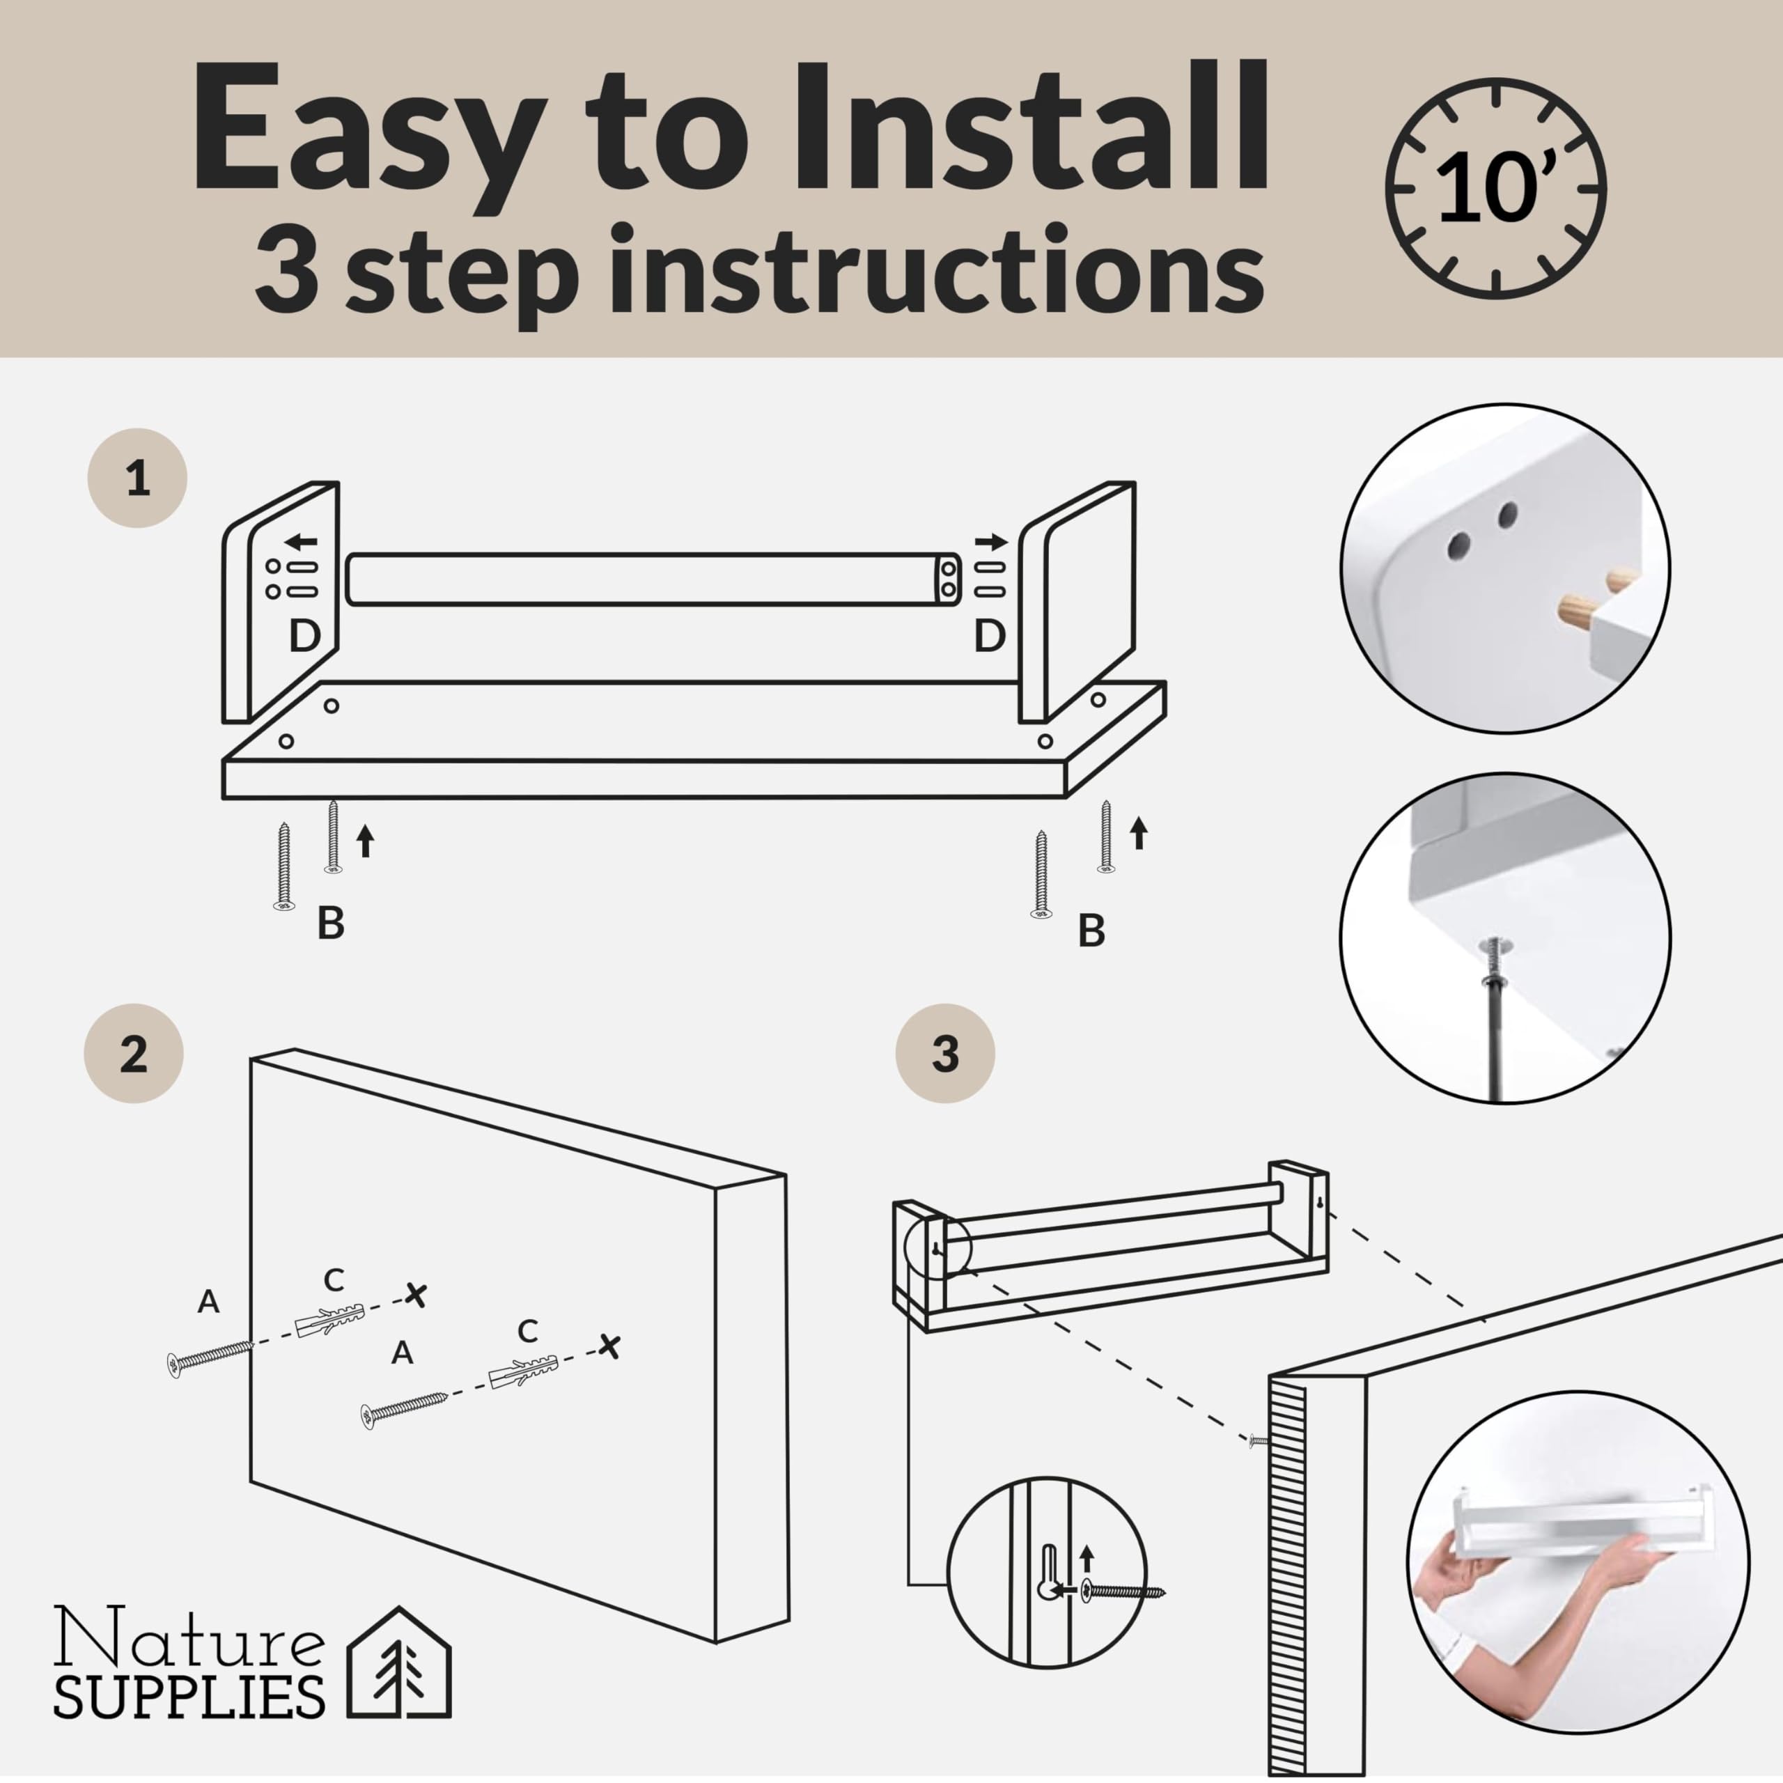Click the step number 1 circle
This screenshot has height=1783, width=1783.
137,478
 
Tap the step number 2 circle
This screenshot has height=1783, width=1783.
134,1053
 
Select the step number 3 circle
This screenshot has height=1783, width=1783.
945,1053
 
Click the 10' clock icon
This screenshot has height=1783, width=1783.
1496,190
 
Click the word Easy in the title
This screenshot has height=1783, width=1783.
366,130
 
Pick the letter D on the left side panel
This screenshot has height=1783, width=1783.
304,636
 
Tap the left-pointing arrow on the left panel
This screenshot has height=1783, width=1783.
301,540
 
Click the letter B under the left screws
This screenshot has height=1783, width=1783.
330,923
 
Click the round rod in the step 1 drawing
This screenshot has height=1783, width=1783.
654,579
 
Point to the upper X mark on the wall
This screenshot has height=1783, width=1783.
416,1295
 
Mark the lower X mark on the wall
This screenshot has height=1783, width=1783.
609,1346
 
